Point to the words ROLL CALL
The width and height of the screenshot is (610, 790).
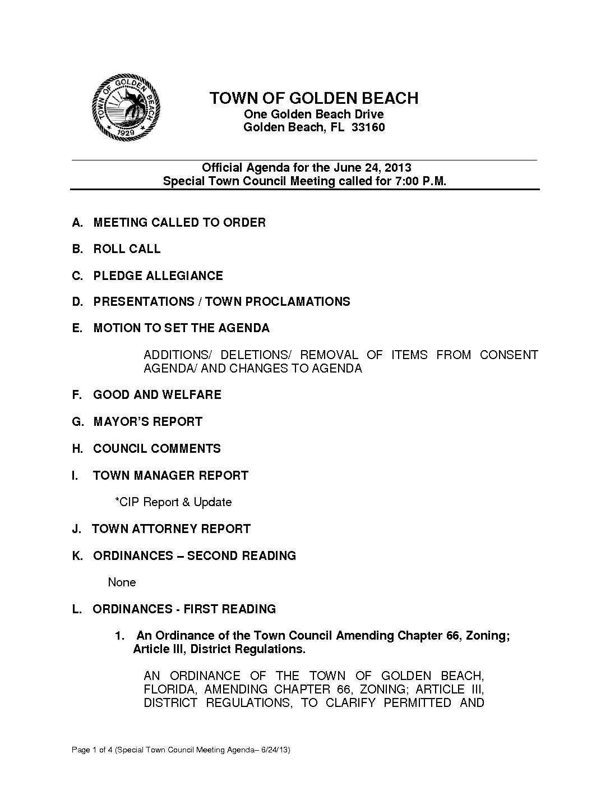click(127, 249)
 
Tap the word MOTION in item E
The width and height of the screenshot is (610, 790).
click(117, 328)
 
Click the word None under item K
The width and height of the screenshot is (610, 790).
click(122, 582)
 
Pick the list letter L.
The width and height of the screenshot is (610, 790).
click(76, 609)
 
